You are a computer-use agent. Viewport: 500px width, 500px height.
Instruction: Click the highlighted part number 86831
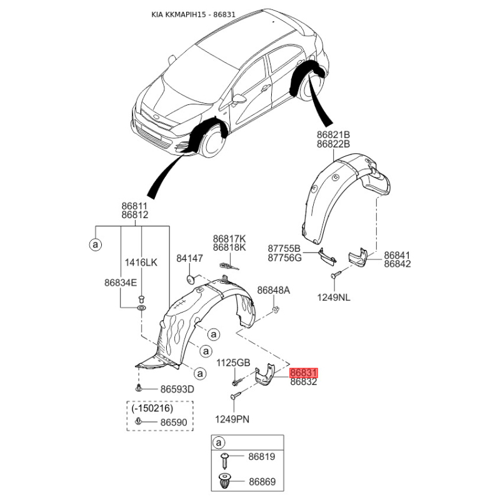303,372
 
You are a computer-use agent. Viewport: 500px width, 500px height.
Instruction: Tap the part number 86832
304,382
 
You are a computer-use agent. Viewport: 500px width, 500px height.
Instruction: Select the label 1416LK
141,262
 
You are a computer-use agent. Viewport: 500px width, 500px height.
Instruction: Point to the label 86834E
121,282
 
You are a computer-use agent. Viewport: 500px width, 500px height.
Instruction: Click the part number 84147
190,258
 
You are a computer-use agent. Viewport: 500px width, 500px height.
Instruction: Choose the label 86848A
274,290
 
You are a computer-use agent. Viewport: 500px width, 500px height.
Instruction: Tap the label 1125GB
233,362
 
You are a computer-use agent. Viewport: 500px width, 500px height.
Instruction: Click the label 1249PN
232,419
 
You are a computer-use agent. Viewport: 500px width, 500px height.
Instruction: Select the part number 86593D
177,389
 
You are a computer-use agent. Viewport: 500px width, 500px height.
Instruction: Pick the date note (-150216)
152,408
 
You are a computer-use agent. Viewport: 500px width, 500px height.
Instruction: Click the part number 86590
174,422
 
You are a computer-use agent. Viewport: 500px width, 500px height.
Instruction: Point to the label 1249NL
334,297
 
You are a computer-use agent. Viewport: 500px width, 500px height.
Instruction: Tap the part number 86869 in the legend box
262,481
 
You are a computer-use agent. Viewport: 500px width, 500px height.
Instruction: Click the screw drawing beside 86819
226,460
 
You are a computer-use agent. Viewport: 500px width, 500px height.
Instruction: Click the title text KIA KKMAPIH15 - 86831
193,14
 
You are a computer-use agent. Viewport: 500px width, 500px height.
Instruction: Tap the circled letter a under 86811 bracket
96,245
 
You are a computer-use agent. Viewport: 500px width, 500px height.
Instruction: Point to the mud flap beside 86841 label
357,257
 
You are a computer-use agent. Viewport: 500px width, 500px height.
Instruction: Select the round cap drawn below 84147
190,279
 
